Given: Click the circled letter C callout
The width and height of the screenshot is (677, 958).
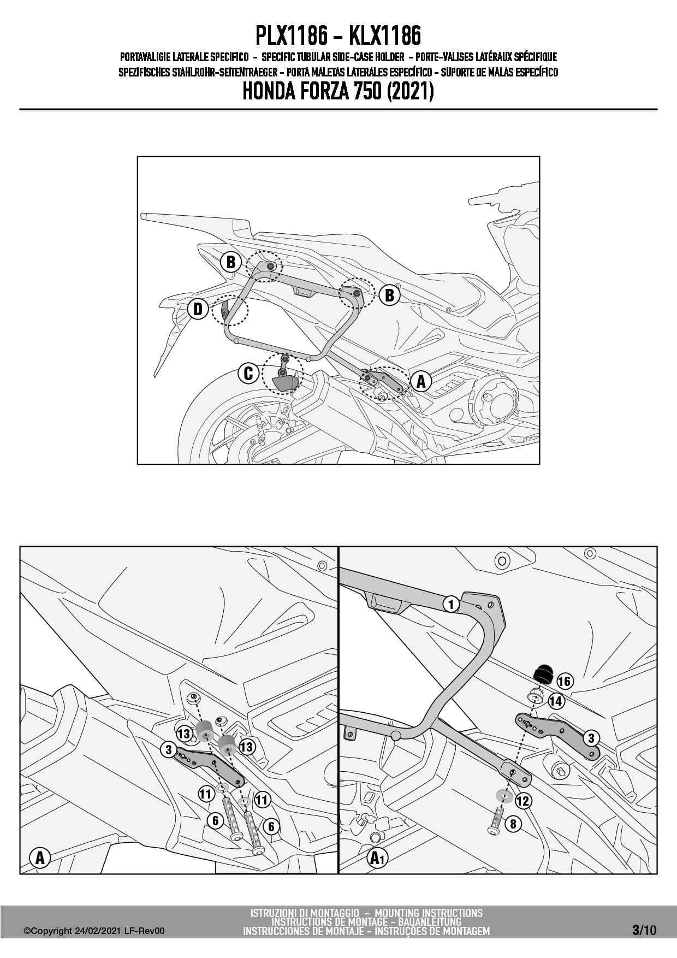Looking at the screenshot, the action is (248, 374).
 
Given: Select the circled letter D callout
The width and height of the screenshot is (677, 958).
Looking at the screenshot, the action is (198, 309).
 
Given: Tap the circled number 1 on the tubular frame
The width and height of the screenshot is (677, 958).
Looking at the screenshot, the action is (451, 605).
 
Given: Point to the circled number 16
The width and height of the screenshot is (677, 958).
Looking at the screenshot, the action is (564, 681).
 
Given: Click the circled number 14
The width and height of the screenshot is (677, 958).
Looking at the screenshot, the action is (556, 701).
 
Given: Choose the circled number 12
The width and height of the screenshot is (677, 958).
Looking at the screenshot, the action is (522, 801).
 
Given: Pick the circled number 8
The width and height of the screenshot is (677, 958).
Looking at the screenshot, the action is (513, 823).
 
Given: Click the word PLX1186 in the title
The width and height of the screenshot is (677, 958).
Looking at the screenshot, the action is (292, 37).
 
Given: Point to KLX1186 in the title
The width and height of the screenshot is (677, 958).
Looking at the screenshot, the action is (385, 37).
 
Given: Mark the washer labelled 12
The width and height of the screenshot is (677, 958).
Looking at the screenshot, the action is (503, 794).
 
